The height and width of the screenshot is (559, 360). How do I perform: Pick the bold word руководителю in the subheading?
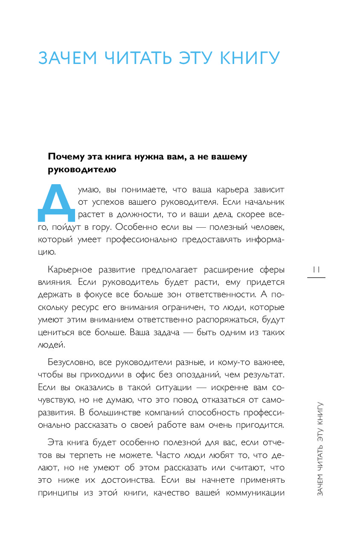pos(81,170)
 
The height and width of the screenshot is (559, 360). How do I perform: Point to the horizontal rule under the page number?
pos(316,278)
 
